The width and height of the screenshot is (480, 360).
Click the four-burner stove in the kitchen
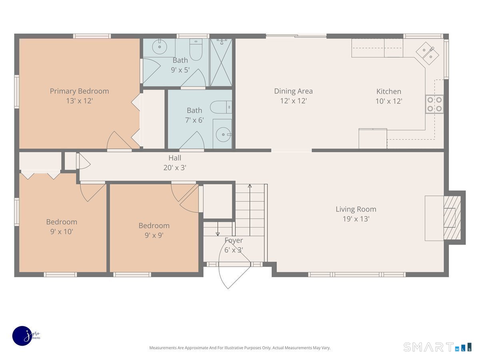[x=434, y=104]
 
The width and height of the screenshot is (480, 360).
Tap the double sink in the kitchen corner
[x=427, y=53]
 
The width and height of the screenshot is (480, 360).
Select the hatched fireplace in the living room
[x=452, y=218]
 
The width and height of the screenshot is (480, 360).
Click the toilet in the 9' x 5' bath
[x=196, y=49]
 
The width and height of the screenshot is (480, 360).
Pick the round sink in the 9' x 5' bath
[x=160, y=46]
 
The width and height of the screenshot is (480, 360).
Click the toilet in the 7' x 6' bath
[x=221, y=107]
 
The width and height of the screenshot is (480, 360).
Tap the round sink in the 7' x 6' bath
[x=224, y=134]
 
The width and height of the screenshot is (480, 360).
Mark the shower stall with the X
[x=221, y=62]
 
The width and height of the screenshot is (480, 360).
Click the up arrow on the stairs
[x=250, y=210]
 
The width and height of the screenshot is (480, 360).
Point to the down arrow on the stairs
[x=218, y=229]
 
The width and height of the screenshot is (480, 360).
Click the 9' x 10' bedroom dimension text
[x=62, y=232]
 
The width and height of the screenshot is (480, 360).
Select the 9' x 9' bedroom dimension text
[x=154, y=236]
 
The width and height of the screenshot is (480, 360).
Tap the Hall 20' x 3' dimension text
[x=175, y=168]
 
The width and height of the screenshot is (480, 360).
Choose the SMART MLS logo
[x=437, y=347]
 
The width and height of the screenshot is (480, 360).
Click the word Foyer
[x=234, y=240]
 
